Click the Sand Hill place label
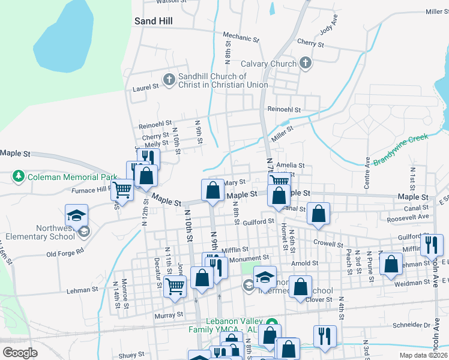coord(154,21)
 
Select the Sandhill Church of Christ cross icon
coord(169,79)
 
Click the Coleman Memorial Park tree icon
coord(19,177)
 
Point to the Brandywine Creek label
coord(400,150)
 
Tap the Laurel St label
coord(145,88)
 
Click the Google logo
coord(20,353)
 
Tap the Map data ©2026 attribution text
coord(424,355)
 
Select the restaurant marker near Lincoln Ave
coord(432,245)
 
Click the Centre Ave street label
coord(367,172)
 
